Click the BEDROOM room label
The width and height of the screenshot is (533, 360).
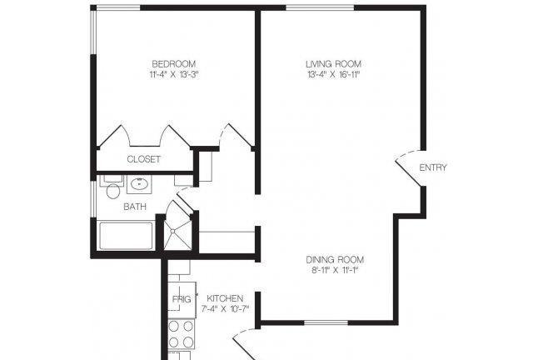coord(174,64)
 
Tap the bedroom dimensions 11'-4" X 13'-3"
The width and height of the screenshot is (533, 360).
coord(174,74)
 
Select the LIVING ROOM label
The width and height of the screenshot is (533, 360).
coord(333,64)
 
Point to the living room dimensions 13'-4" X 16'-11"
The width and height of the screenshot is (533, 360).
coord(333,74)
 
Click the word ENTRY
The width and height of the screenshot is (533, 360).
coord(433,167)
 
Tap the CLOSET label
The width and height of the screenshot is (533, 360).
coord(143,159)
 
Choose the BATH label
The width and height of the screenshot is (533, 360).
coord(135,207)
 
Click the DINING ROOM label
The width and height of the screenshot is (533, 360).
coord(335,260)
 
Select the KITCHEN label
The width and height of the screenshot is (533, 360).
coord(225,298)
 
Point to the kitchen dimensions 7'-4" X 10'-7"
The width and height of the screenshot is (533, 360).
coord(225,309)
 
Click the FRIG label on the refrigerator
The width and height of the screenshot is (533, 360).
coord(182,299)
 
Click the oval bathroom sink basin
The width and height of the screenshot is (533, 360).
coord(139,184)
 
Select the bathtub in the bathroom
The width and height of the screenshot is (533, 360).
coord(126,236)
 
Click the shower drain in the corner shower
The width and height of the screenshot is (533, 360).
coord(173,231)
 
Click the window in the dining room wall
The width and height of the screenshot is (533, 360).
coord(326,322)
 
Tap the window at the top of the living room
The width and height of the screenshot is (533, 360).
coord(320,7)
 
